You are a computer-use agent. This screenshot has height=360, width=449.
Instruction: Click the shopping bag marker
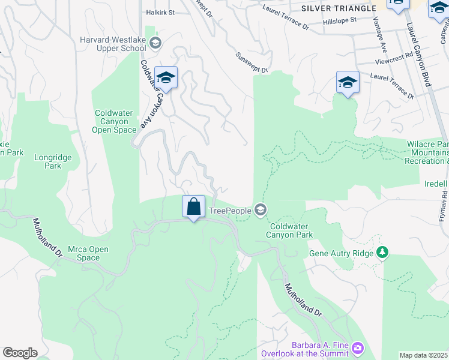(x=193, y=207)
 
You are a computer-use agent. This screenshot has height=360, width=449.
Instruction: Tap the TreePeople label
(x=231, y=211)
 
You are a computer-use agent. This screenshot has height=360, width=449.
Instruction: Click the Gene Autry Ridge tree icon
(x=381, y=251)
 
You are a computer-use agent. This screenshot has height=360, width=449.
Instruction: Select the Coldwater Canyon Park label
(x=291, y=230)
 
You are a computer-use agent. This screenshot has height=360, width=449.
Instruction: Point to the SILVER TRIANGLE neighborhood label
(x=338, y=8)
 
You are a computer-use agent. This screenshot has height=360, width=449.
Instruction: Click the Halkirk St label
(x=160, y=12)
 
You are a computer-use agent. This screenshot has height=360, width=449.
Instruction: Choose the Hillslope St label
(x=339, y=20)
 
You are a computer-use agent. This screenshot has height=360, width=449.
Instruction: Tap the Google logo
(x=20, y=353)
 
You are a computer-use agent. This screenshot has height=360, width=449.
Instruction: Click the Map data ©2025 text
(x=424, y=355)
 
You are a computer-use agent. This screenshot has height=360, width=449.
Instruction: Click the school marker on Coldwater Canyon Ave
(x=166, y=78)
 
